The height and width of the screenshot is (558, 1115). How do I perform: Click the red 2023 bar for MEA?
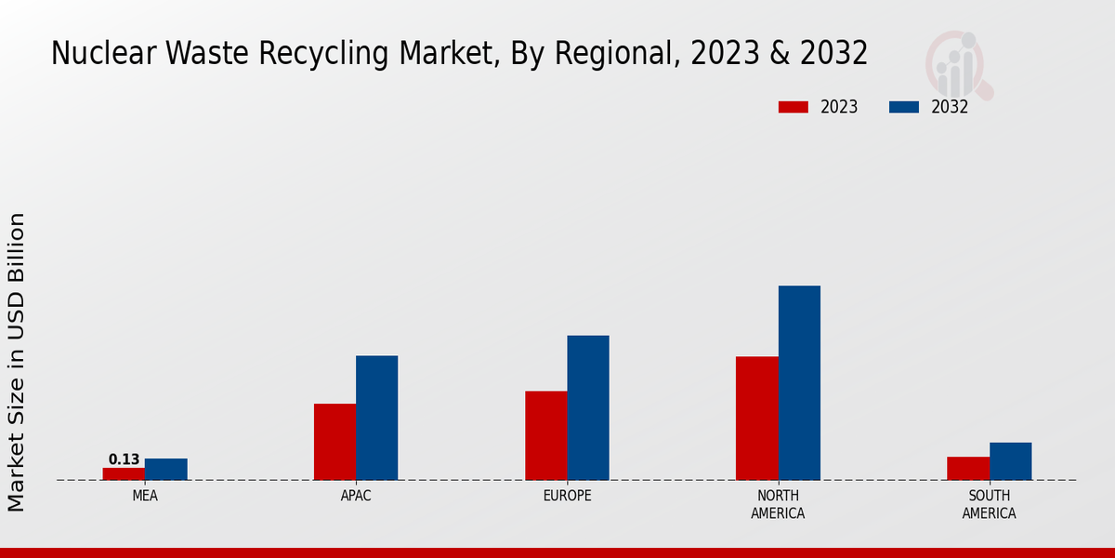coord(124,473)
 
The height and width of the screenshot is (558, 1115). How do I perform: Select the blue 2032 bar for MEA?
coord(165,469)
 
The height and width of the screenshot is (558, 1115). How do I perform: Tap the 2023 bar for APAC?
coord(334,442)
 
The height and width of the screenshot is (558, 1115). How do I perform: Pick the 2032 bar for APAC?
coord(376,418)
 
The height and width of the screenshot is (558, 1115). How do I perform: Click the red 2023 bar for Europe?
coord(545,435)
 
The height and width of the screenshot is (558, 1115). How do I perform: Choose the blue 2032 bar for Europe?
coord(588,407)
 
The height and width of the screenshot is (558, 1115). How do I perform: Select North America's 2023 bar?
coord(756,418)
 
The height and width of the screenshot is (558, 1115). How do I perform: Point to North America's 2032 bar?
coord(799,382)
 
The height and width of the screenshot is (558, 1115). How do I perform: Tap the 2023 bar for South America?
coord(968,468)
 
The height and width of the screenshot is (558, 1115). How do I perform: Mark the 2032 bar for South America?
coord(1010,460)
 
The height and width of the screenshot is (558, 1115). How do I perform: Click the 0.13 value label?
coord(124,459)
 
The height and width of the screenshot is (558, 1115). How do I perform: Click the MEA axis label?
coord(145,496)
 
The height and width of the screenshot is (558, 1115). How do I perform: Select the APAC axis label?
coord(356,496)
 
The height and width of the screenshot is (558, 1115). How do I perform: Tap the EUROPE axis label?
coord(567,496)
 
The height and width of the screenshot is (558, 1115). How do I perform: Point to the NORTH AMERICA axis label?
coord(778,504)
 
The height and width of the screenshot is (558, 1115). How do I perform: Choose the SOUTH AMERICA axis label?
coord(989,504)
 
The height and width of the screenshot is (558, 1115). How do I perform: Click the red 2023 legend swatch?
coord(794,107)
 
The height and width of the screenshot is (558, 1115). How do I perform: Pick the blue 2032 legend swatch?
coord(904,107)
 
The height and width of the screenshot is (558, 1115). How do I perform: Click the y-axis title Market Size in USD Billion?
coord(17,362)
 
